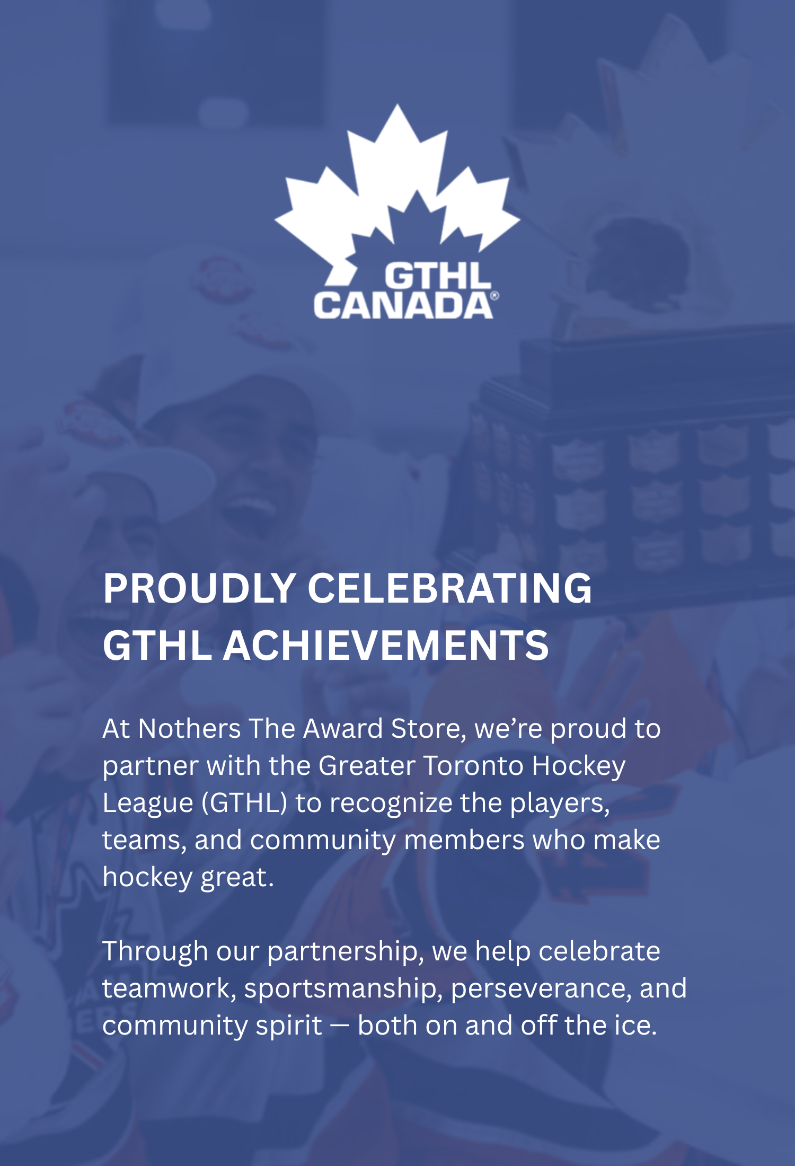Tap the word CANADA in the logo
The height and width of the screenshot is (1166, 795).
[x=403, y=305]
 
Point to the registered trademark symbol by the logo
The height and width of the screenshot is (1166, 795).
[x=494, y=296]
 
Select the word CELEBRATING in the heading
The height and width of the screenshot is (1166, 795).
[x=449, y=588]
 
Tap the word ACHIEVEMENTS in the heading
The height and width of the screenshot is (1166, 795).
[x=386, y=646]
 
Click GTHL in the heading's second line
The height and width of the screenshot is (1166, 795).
[x=157, y=646]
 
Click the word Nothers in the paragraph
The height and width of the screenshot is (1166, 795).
[x=189, y=729]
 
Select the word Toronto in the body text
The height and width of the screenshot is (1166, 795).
[x=473, y=766]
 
